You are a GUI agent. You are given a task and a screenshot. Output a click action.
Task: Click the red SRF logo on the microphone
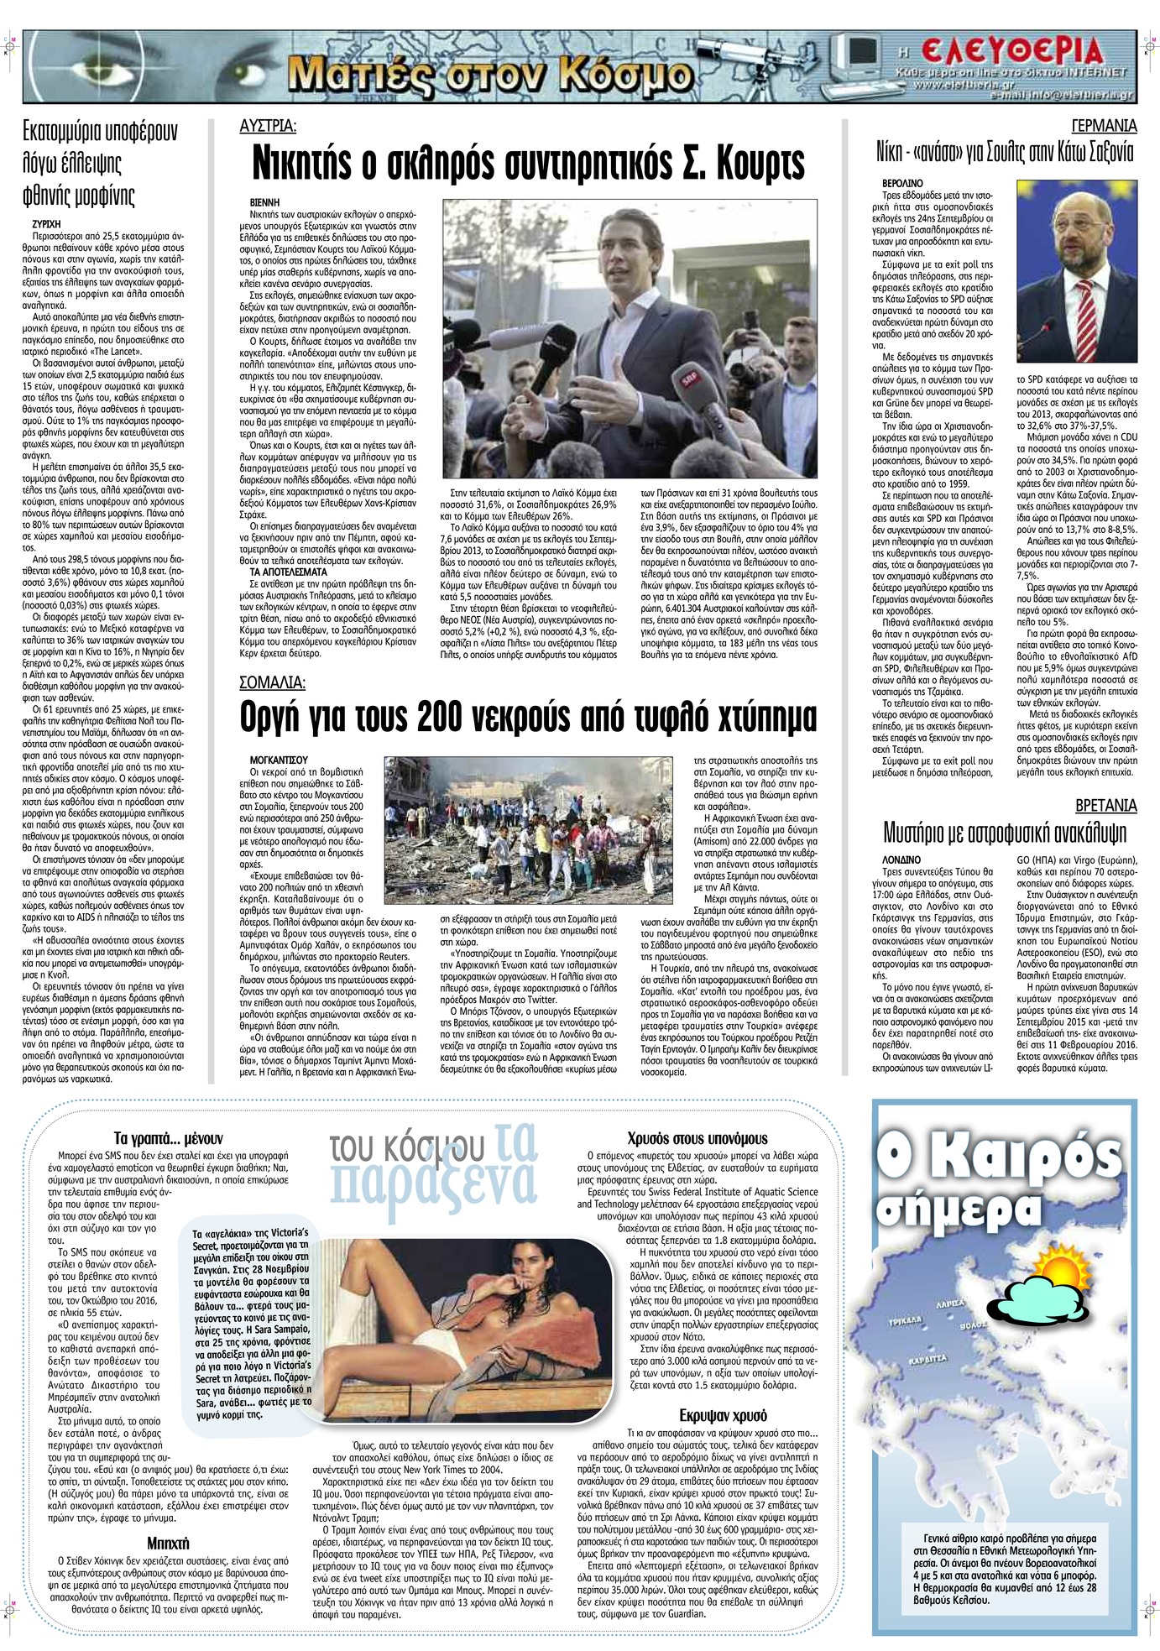(x=691, y=380)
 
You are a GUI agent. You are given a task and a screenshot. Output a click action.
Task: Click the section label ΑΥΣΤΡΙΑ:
(x=268, y=127)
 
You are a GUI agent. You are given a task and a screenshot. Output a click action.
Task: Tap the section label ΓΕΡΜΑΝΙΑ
(x=1104, y=127)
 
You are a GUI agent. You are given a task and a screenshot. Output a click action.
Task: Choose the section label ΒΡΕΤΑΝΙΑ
(x=1105, y=806)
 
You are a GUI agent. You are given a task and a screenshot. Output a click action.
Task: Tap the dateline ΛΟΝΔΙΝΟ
(x=901, y=860)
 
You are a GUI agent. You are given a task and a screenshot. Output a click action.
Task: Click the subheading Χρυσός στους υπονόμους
(x=697, y=1139)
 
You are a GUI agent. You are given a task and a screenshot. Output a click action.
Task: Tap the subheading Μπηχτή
(x=168, y=1543)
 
